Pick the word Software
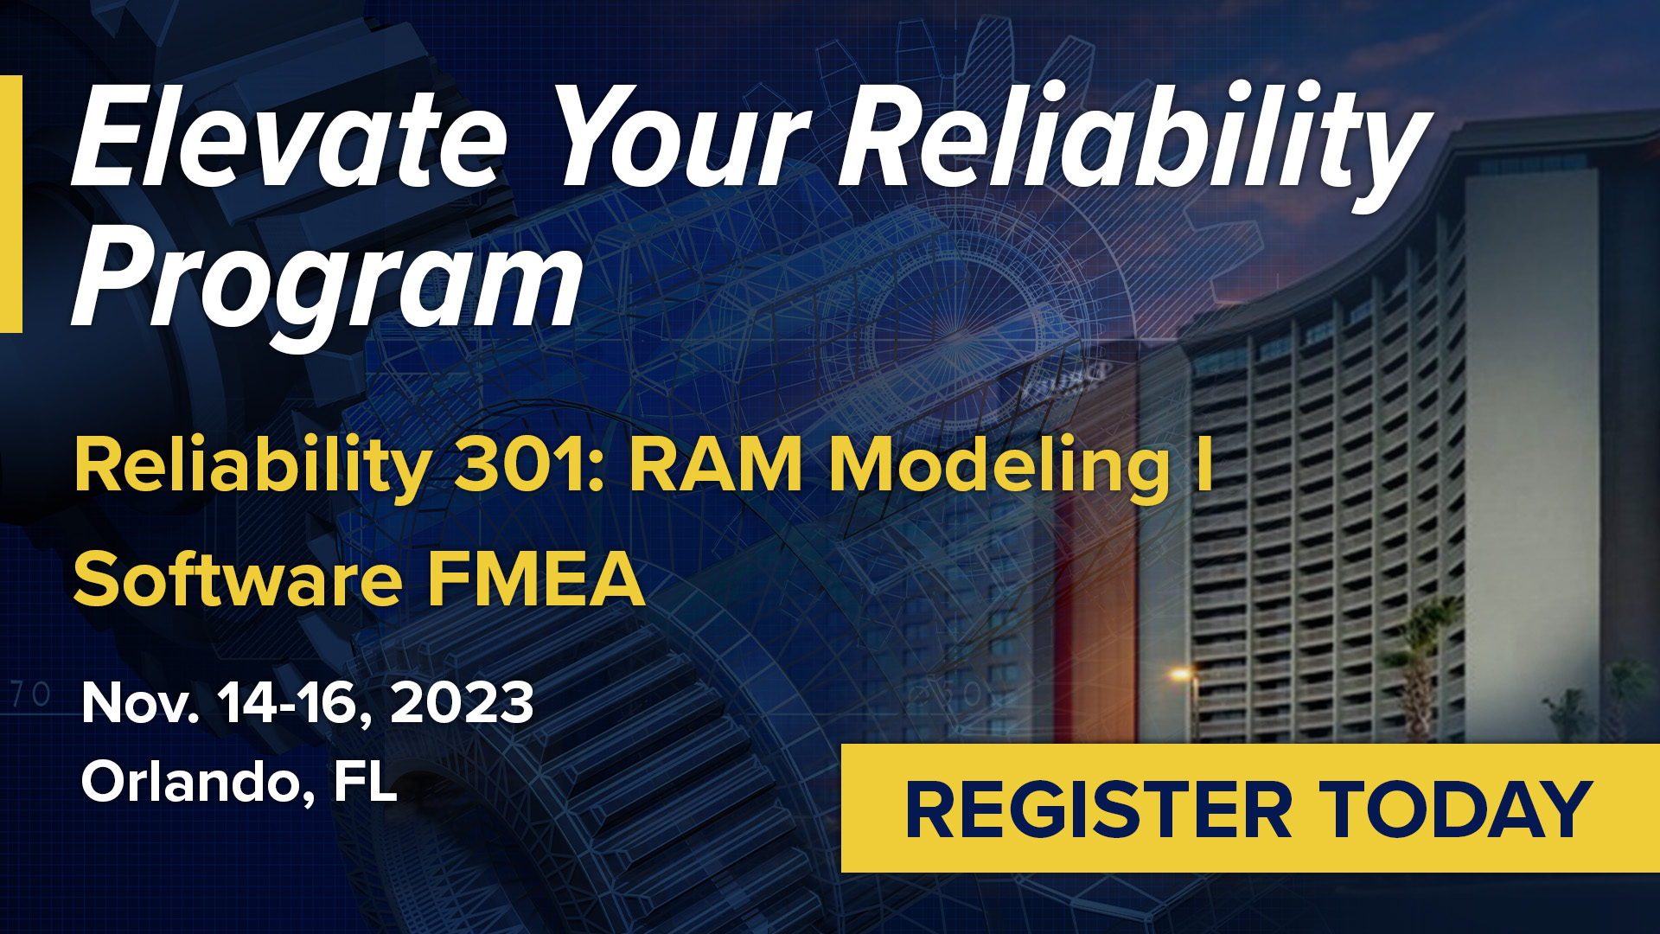(238, 579)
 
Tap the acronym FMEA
(536, 579)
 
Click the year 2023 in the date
(462, 702)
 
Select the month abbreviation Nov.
(140, 702)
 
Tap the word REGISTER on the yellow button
(1099, 809)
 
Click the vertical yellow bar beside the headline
(10, 204)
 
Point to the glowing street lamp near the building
(1181, 673)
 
